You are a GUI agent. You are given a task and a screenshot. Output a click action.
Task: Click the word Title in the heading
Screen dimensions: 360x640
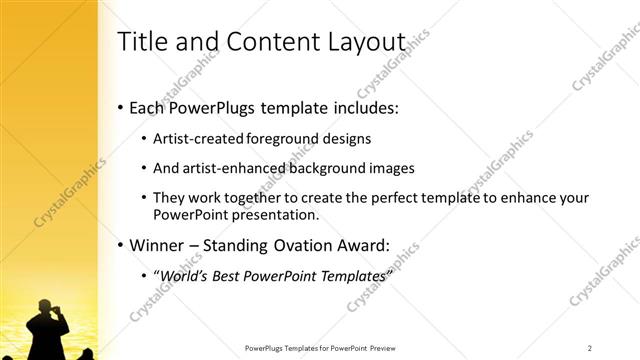[140, 42]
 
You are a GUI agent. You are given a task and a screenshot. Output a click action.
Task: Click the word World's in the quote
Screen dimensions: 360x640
[184, 275]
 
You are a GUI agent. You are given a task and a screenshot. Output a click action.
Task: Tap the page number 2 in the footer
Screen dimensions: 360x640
[590, 348]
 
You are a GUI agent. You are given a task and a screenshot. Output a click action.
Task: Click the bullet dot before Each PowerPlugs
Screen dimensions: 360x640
[121, 107]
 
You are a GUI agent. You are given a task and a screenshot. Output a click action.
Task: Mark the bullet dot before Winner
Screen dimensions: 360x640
[121, 245]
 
